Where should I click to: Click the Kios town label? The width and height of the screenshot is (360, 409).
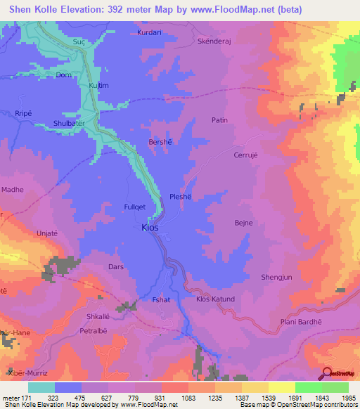tap(150, 228)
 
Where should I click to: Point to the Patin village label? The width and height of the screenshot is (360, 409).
tap(220, 120)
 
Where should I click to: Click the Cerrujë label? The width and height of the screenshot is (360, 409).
tap(237, 155)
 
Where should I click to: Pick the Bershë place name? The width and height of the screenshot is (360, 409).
tap(161, 141)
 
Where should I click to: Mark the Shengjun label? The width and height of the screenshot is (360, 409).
tap(276, 277)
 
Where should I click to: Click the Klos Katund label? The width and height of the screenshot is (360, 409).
tap(215, 299)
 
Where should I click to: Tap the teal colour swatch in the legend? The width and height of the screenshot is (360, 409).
tap(41, 387)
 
